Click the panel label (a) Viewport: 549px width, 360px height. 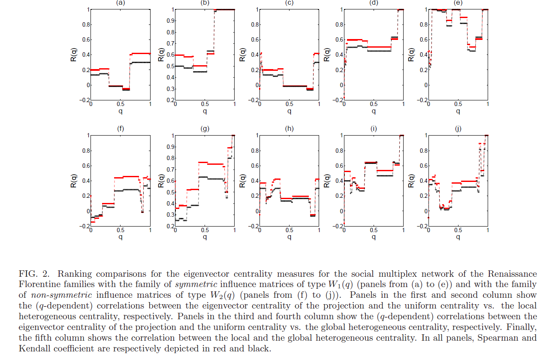pyautogui.click(x=121, y=3)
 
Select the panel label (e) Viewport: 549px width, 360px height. pyautogui.click(x=458, y=3)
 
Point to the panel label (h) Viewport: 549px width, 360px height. pyautogui.click(x=289, y=127)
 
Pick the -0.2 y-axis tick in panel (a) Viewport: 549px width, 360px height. pyautogui.click(x=83, y=100)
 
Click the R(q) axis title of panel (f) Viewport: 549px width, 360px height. pyautogui.click(x=74, y=181)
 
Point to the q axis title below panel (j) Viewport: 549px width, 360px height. pyautogui.click(x=458, y=237)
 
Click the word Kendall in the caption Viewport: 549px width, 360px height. pyautogui.click(x=33, y=348)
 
